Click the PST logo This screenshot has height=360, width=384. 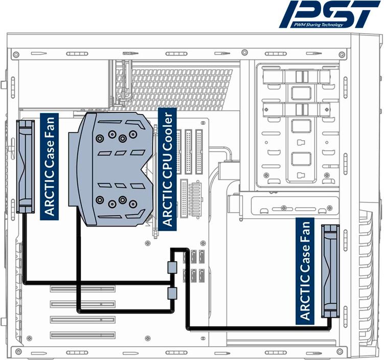[x=330, y=14]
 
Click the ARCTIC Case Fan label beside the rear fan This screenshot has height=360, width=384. [x=50, y=166]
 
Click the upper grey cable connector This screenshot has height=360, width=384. [x=172, y=266]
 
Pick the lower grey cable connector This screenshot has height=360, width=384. [x=172, y=293]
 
